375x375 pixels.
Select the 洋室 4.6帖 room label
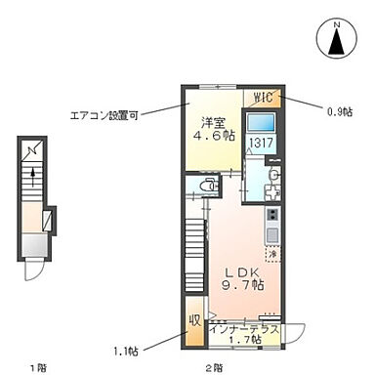(214, 130)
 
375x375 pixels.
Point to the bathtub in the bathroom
(261, 123)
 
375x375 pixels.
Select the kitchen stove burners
(272, 214)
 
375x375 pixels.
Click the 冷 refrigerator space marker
(272, 255)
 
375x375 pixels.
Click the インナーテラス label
(245, 330)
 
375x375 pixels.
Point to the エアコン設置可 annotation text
(104, 114)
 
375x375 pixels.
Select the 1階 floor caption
(37, 366)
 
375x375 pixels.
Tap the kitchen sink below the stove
(272, 234)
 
